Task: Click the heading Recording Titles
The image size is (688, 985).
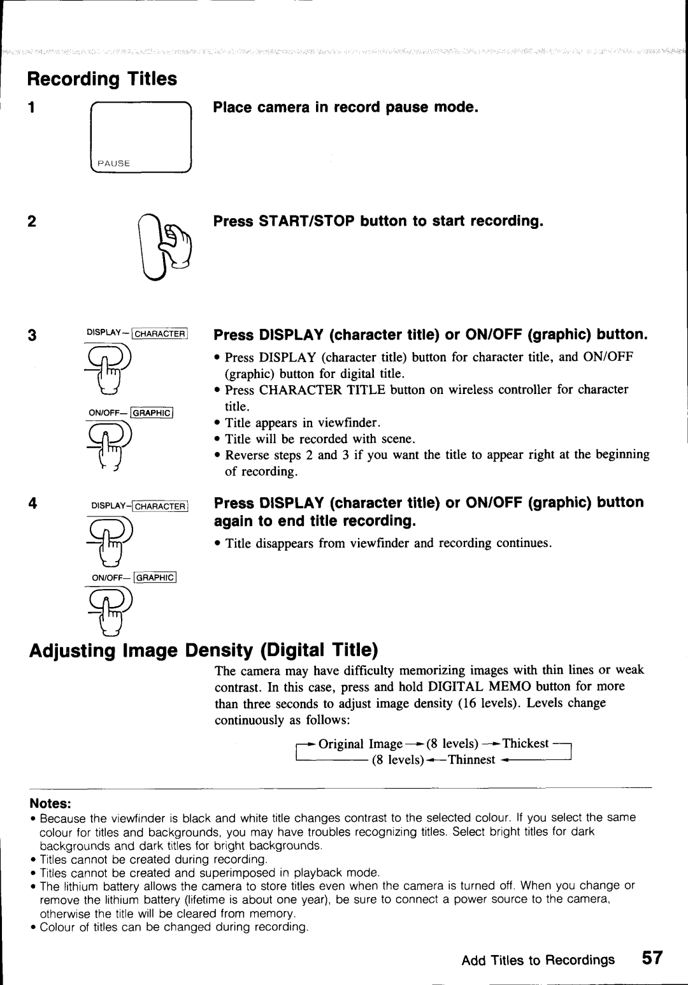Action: pyautogui.click(x=101, y=79)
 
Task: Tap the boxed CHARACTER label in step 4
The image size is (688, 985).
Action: pyautogui.click(x=159, y=506)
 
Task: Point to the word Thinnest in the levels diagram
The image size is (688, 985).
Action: pyautogui.click(x=471, y=760)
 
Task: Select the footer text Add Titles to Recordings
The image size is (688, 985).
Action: pyautogui.click(x=538, y=959)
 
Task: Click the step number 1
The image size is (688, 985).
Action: pyautogui.click(x=30, y=108)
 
